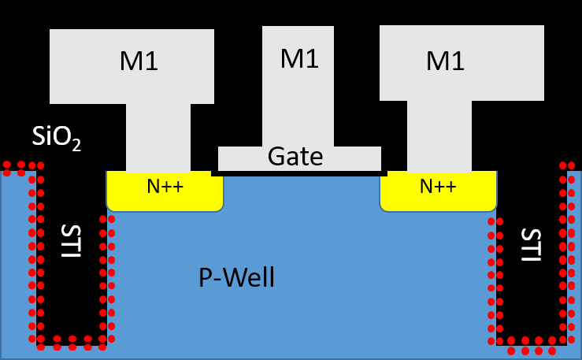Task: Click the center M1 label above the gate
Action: pyautogui.click(x=299, y=58)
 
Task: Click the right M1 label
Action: pyautogui.click(x=445, y=61)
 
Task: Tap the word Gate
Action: pyautogui.click(x=295, y=157)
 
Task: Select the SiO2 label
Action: pyautogui.click(x=56, y=138)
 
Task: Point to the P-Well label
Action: pyautogui.click(x=235, y=277)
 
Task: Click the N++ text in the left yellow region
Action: pyautogui.click(x=165, y=187)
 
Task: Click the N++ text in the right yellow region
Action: pyautogui.click(x=438, y=187)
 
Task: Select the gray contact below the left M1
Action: pyautogui.click(x=158, y=137)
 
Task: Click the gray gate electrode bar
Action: pyautogui.click(x=236, y=158)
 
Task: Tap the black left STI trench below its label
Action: pyautogui.click(x=71, y=307)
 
